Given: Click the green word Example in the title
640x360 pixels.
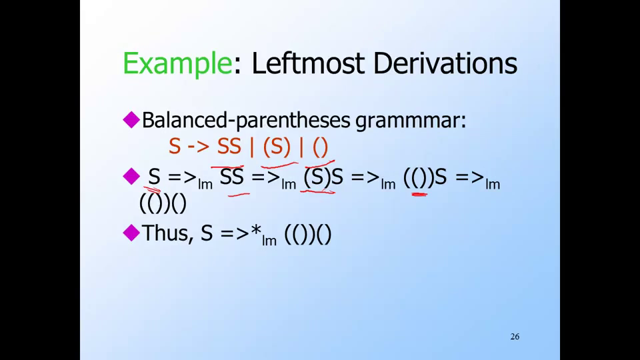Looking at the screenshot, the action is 177,64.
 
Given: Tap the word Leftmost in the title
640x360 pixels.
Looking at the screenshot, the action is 308,63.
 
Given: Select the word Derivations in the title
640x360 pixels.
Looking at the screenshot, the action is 445,63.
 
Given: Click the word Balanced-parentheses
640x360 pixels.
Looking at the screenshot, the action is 246,121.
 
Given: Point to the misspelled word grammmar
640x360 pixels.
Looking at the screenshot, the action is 411,121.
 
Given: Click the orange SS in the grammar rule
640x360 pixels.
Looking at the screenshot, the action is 229,147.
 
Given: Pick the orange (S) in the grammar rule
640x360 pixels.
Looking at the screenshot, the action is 276,147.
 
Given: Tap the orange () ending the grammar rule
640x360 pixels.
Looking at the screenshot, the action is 321,147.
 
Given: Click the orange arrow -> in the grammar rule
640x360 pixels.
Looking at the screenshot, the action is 199,147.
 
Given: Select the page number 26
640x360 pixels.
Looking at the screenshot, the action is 515,337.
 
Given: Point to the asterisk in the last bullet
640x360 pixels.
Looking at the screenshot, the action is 256,230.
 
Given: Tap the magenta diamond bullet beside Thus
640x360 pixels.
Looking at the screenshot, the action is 131,233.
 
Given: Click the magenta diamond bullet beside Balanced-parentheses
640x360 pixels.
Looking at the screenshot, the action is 131,120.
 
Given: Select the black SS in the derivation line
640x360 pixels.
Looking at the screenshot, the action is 232,177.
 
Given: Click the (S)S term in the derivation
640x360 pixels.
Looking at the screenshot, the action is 323,177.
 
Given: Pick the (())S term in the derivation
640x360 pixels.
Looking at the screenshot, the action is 425,177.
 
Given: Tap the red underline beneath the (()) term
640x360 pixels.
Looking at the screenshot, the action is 419,195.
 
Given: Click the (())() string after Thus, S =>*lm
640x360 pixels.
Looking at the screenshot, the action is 308,234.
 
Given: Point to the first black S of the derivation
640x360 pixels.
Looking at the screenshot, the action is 154,177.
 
